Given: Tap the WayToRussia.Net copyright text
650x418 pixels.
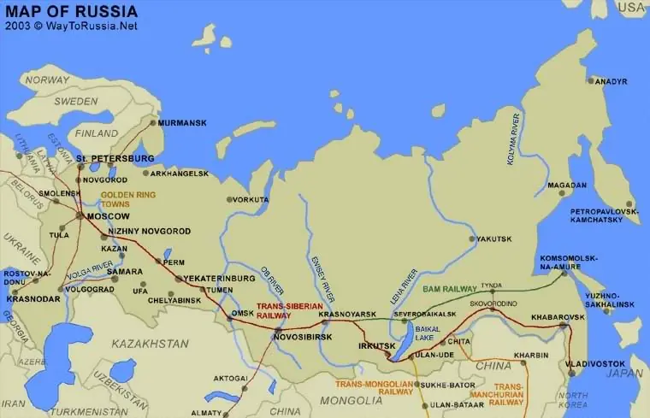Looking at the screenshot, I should (70, 26).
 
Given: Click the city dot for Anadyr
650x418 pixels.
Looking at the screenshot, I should (590, 80).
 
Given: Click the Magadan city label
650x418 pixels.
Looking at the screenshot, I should (567, 185).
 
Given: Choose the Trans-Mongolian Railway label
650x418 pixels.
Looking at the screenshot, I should (375, 388).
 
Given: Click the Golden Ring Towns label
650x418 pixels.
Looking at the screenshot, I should (127, 200).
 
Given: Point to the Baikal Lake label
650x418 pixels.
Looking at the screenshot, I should (429, 333).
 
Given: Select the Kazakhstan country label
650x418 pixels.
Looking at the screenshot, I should (151, 343).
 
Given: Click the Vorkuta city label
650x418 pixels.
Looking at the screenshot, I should (251, 199).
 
